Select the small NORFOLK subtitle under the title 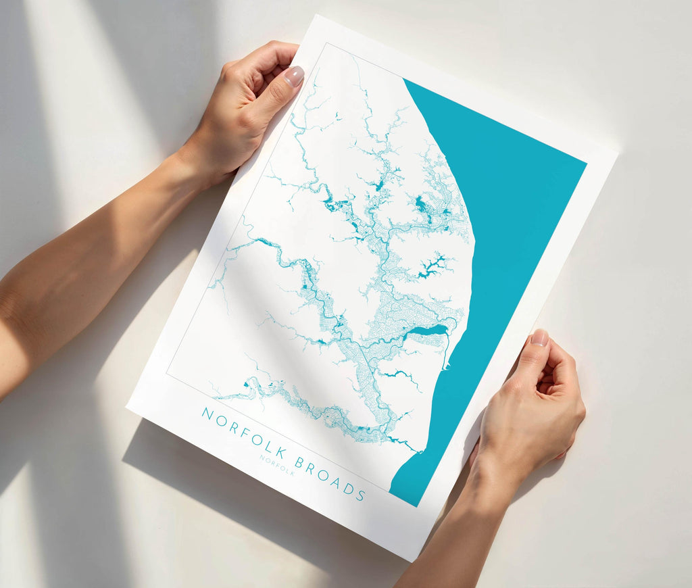coord(277,465)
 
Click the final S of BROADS coord(362,495)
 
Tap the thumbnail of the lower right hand coord(539,337)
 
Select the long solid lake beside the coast coord(426,331)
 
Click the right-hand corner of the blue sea coord(585,162)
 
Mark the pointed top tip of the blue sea coord(404,80)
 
